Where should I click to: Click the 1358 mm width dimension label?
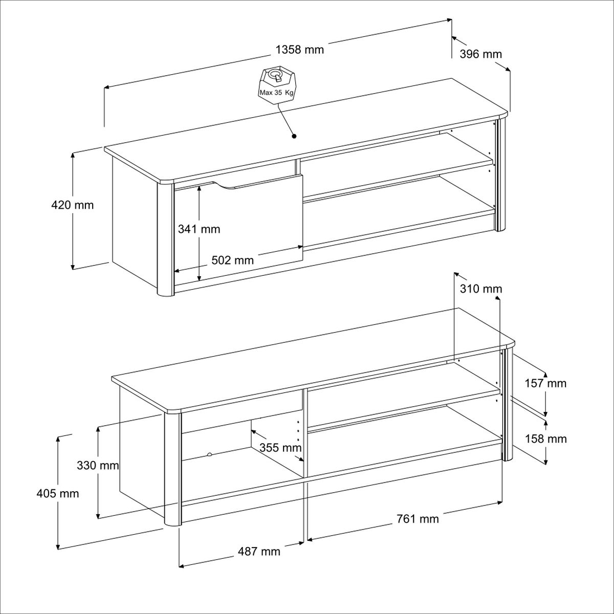click(300, 50)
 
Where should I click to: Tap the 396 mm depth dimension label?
click(480, 54)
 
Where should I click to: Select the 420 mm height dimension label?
click(73, 205)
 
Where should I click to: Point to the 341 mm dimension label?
click(199, 229)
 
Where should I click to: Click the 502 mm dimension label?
click(233, 260)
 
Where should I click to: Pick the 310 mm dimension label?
click(481, 289)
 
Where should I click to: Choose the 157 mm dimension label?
click(545, 383)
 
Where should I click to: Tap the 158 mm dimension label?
click(545, 438)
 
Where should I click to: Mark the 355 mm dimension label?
click(280, 448)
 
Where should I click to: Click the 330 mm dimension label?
click(98, 466)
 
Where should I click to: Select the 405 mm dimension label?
click(58, 493)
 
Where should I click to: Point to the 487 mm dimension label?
click(259, 551)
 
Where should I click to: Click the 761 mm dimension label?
click(418, 519)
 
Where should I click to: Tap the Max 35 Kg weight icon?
click(276, 83)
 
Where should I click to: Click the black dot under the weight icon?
click(294, 136)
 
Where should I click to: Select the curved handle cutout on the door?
click(228, 187)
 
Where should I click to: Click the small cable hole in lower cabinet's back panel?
click(210, 454)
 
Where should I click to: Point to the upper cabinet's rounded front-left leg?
click(165, 240)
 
